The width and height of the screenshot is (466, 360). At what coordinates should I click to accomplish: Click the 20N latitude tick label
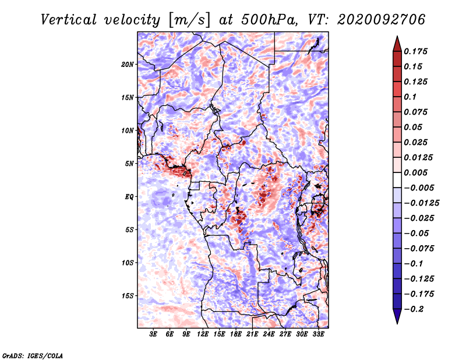(128, 65)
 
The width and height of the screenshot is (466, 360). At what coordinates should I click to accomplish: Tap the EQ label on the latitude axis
(129, 197)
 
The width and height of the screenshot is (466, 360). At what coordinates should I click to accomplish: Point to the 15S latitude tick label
(128, 296)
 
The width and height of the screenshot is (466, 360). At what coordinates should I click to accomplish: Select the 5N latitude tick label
(129, 164)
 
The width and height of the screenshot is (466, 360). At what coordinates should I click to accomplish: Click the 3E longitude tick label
(153, 334)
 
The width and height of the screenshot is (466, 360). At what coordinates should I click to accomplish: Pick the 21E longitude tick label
(252, 334)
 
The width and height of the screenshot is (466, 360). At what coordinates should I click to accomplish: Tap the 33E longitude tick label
(318, 334)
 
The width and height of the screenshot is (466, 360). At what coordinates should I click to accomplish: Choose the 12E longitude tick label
(203, 334)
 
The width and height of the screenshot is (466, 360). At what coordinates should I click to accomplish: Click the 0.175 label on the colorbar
(416, 51)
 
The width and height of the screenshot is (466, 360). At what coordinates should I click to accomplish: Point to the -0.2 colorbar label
(414, 309)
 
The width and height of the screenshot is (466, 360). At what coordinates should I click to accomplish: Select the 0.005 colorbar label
(416, 172)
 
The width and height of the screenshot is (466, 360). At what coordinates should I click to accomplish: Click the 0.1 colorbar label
(411, 97)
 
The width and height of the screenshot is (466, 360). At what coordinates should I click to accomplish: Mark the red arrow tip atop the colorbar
(397, 36)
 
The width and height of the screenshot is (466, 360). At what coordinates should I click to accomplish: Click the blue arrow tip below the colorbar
(397, 323)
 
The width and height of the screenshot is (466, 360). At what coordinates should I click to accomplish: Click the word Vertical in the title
(69, 20)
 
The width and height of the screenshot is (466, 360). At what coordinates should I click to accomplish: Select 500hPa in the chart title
(269, 20)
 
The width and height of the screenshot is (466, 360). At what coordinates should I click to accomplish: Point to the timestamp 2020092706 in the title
(382, 20)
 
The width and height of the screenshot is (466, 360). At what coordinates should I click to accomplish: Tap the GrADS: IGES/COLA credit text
(33, 356)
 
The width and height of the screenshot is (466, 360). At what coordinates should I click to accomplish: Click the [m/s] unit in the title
(189, 20)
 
